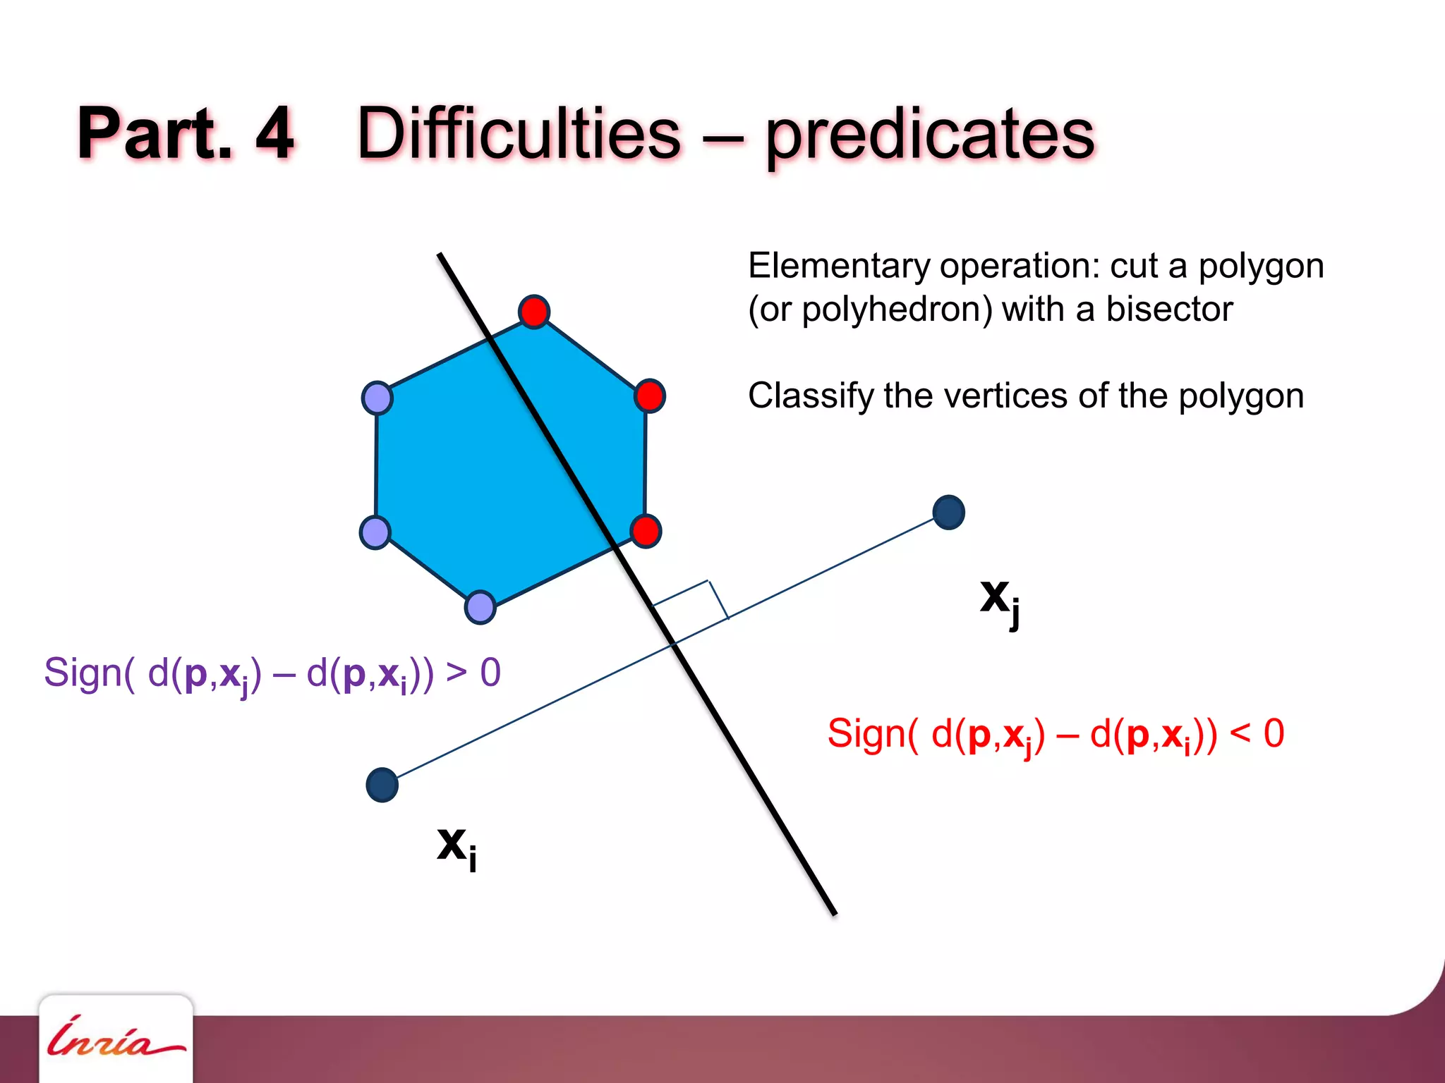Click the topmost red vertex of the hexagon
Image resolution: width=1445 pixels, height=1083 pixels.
[534, 312]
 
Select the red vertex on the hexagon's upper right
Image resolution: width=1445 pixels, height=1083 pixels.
[649, 396]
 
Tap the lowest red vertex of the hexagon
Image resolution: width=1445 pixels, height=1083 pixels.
[645, 531]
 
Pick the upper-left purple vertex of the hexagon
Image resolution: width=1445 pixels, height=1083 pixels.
[377, 398]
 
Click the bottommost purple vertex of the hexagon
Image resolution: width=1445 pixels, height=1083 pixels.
[480, 607]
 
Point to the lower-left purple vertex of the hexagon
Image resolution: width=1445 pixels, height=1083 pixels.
[375, 532]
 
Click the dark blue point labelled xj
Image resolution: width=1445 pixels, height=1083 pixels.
[948, 513]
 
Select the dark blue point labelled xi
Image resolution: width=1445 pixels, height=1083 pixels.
[382, 785]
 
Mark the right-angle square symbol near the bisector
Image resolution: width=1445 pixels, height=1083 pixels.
[691, 602]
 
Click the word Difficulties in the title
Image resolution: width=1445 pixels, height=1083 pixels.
[519, 134]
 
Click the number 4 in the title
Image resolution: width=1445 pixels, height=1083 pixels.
[274, 133]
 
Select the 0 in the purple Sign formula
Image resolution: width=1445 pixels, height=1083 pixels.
[490, 673]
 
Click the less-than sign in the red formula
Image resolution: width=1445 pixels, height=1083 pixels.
[1240, 734]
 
